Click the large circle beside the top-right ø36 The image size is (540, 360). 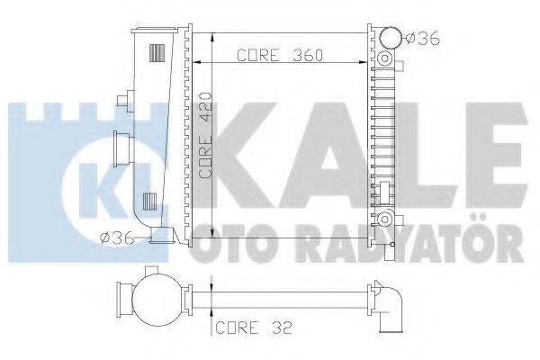(389, 39)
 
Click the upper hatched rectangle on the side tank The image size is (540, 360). (156, 53)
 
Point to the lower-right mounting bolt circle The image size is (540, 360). (385, 220)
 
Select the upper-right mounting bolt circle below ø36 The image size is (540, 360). (385, 59)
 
